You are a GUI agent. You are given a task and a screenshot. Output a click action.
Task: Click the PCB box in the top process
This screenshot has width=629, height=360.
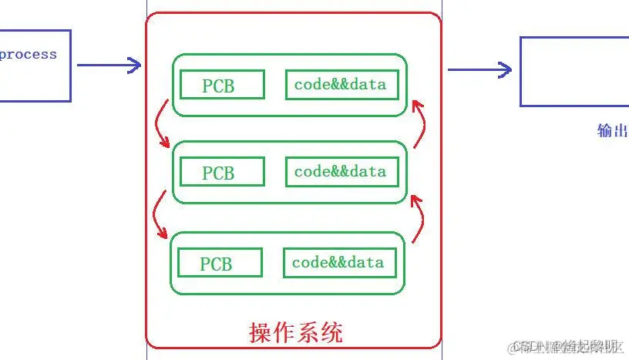222,85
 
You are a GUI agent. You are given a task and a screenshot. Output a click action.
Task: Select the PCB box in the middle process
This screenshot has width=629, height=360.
222,172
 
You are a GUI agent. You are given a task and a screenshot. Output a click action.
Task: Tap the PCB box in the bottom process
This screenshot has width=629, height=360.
220,263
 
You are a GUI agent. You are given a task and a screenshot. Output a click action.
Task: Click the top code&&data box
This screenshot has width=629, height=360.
342,84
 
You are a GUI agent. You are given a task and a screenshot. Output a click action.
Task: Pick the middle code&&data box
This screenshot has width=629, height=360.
342,171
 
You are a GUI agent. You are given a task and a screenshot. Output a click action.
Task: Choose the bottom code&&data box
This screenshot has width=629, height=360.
341,263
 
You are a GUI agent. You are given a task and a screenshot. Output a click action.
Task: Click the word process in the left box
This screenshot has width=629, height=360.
28,55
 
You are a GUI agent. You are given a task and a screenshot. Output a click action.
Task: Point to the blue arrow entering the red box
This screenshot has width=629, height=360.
109,66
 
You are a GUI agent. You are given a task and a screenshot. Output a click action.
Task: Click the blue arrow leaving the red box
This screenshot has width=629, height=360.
479,70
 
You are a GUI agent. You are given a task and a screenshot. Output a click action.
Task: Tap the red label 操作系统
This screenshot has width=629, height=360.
296,332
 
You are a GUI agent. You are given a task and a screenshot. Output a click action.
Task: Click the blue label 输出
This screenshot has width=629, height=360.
613,130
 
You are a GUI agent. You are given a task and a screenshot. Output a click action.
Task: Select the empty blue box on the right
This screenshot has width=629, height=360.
574,71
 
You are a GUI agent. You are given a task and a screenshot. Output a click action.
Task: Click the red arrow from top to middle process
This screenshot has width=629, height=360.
160,126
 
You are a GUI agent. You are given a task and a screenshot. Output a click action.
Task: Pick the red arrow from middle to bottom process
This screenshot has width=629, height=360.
160,215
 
